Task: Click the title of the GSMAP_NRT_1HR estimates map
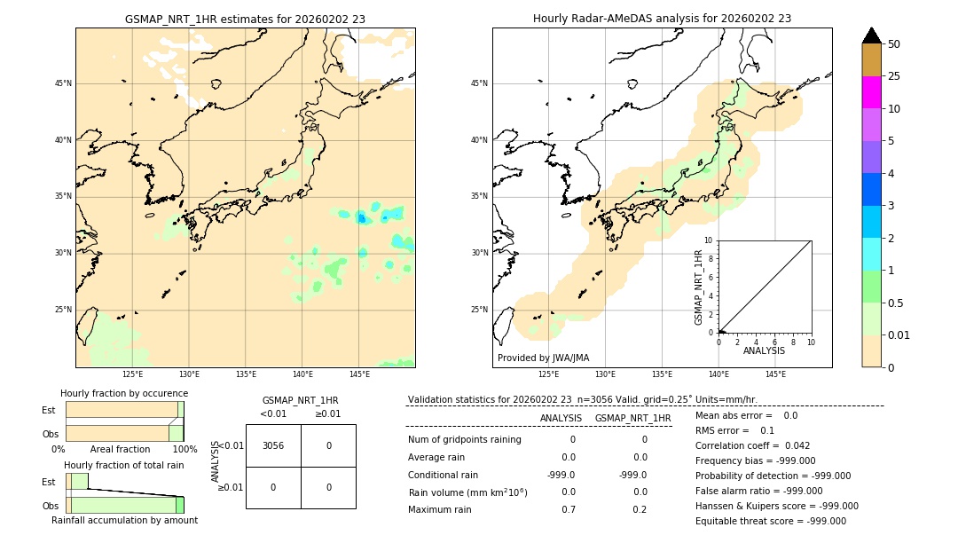245,19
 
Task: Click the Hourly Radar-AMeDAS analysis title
662,19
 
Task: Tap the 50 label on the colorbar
894,44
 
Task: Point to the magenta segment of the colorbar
871,92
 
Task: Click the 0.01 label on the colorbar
899,335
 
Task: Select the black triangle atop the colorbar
871,35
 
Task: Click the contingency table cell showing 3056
273,446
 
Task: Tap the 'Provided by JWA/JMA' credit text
543,358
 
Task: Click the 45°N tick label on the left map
63,83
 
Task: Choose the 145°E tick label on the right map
775,374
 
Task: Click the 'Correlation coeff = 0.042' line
752,446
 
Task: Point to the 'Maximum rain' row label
438,509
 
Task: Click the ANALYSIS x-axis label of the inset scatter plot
764,350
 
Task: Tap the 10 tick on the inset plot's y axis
709,240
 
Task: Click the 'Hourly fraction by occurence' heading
124,393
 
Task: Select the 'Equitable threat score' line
770,521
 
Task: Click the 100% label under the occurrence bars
185,450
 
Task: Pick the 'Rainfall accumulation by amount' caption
124,520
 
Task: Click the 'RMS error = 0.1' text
734,431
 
